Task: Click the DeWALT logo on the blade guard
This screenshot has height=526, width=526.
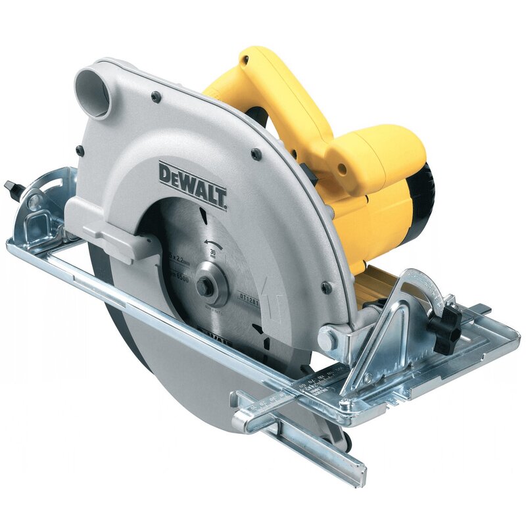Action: tap(193, 184)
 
